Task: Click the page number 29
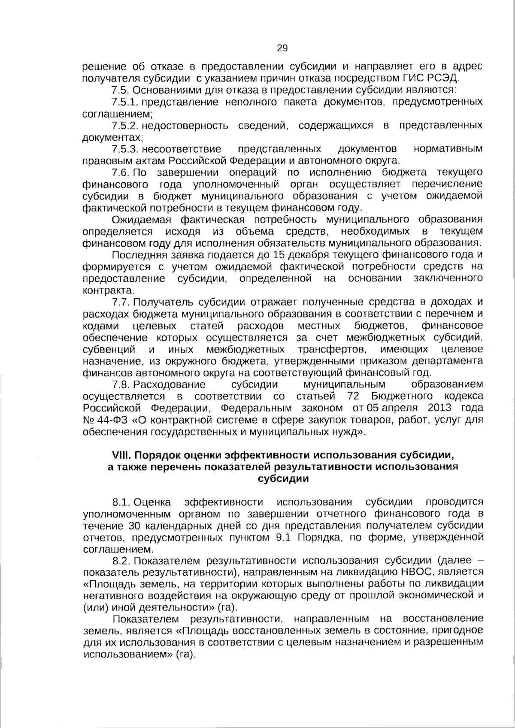click(x=282, y=48)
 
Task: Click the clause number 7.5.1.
click(x=124, y=102)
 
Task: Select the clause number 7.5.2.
click(x=124, y=126)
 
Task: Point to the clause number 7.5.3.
click(x=124, y=149)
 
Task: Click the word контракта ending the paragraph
click(x=101, y=290)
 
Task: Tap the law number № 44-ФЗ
click(x=103, y=420)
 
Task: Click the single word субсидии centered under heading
click(x=283, y=479)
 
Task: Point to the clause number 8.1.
click(x=121, y=502)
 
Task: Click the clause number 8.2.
click(x=121, y=561)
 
